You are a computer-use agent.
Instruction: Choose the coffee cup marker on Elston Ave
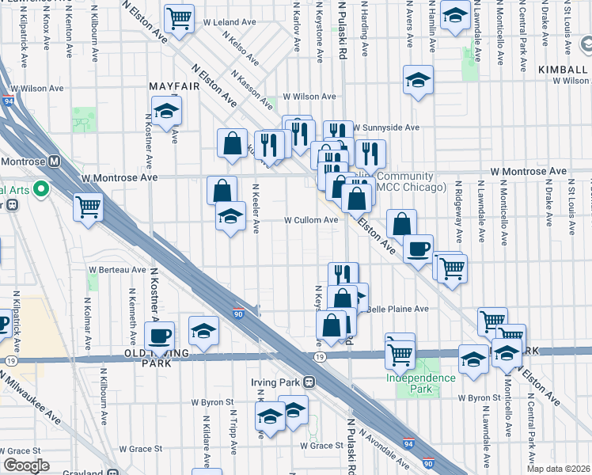[418, 249]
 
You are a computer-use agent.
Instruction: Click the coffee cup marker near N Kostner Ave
[161, 335]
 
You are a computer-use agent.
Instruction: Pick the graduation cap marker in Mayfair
[167, 111]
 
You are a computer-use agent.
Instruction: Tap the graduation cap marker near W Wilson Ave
[418, 79]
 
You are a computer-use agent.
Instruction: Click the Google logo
[27, 465]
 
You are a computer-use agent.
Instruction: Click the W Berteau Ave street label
[117, 269]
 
